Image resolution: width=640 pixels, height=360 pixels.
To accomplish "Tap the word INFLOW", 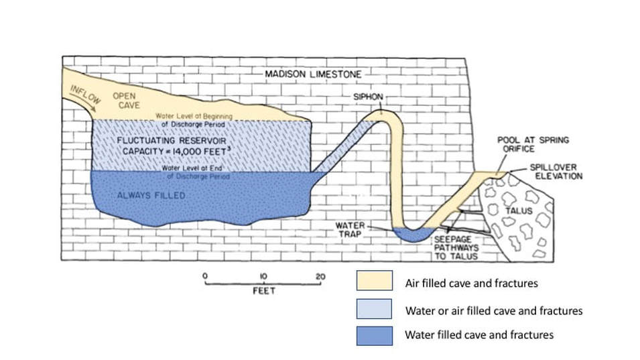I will (86, 97).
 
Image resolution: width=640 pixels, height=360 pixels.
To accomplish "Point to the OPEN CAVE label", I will (123, 101).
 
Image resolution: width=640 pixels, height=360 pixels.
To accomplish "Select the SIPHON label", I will (368, 97).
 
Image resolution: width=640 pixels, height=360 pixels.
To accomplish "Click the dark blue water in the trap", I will (410, 234).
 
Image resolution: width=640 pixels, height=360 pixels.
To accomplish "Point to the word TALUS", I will (519, 211).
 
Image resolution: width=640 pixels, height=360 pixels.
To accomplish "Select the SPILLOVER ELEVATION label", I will (558, 172).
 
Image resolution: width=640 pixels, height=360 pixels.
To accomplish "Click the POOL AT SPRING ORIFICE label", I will (533, 144).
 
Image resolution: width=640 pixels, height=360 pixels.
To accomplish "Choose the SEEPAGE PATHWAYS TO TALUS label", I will (459, 247).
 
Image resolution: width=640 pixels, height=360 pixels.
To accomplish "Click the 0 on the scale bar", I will (205, 276).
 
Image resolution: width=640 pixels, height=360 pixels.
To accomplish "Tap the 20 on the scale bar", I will (320, 276).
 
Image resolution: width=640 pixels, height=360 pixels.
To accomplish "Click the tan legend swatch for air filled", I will (374, 282).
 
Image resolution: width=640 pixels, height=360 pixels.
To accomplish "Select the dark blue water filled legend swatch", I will (374, 333).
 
